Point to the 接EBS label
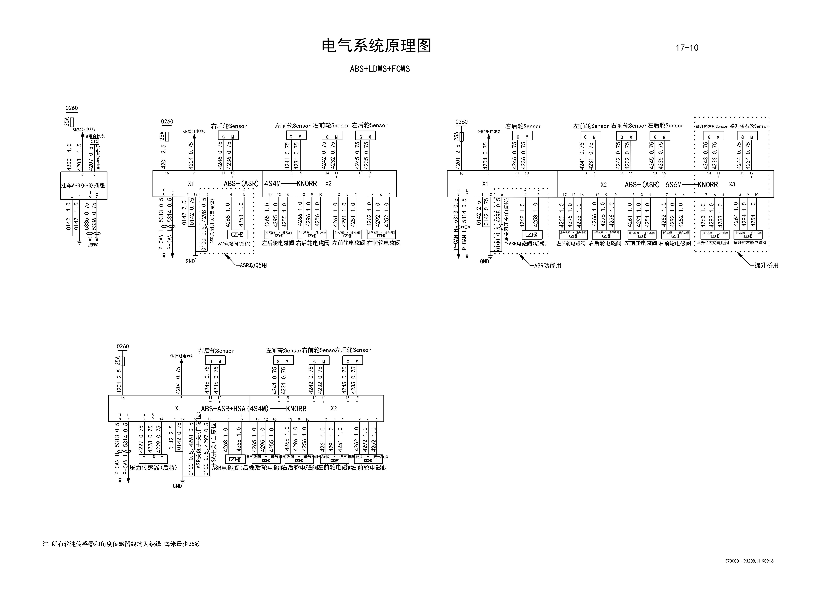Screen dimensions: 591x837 (x=93, y=245)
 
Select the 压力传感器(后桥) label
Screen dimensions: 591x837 (x=153, y=468)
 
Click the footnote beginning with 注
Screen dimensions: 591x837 (x=121, y=544)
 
